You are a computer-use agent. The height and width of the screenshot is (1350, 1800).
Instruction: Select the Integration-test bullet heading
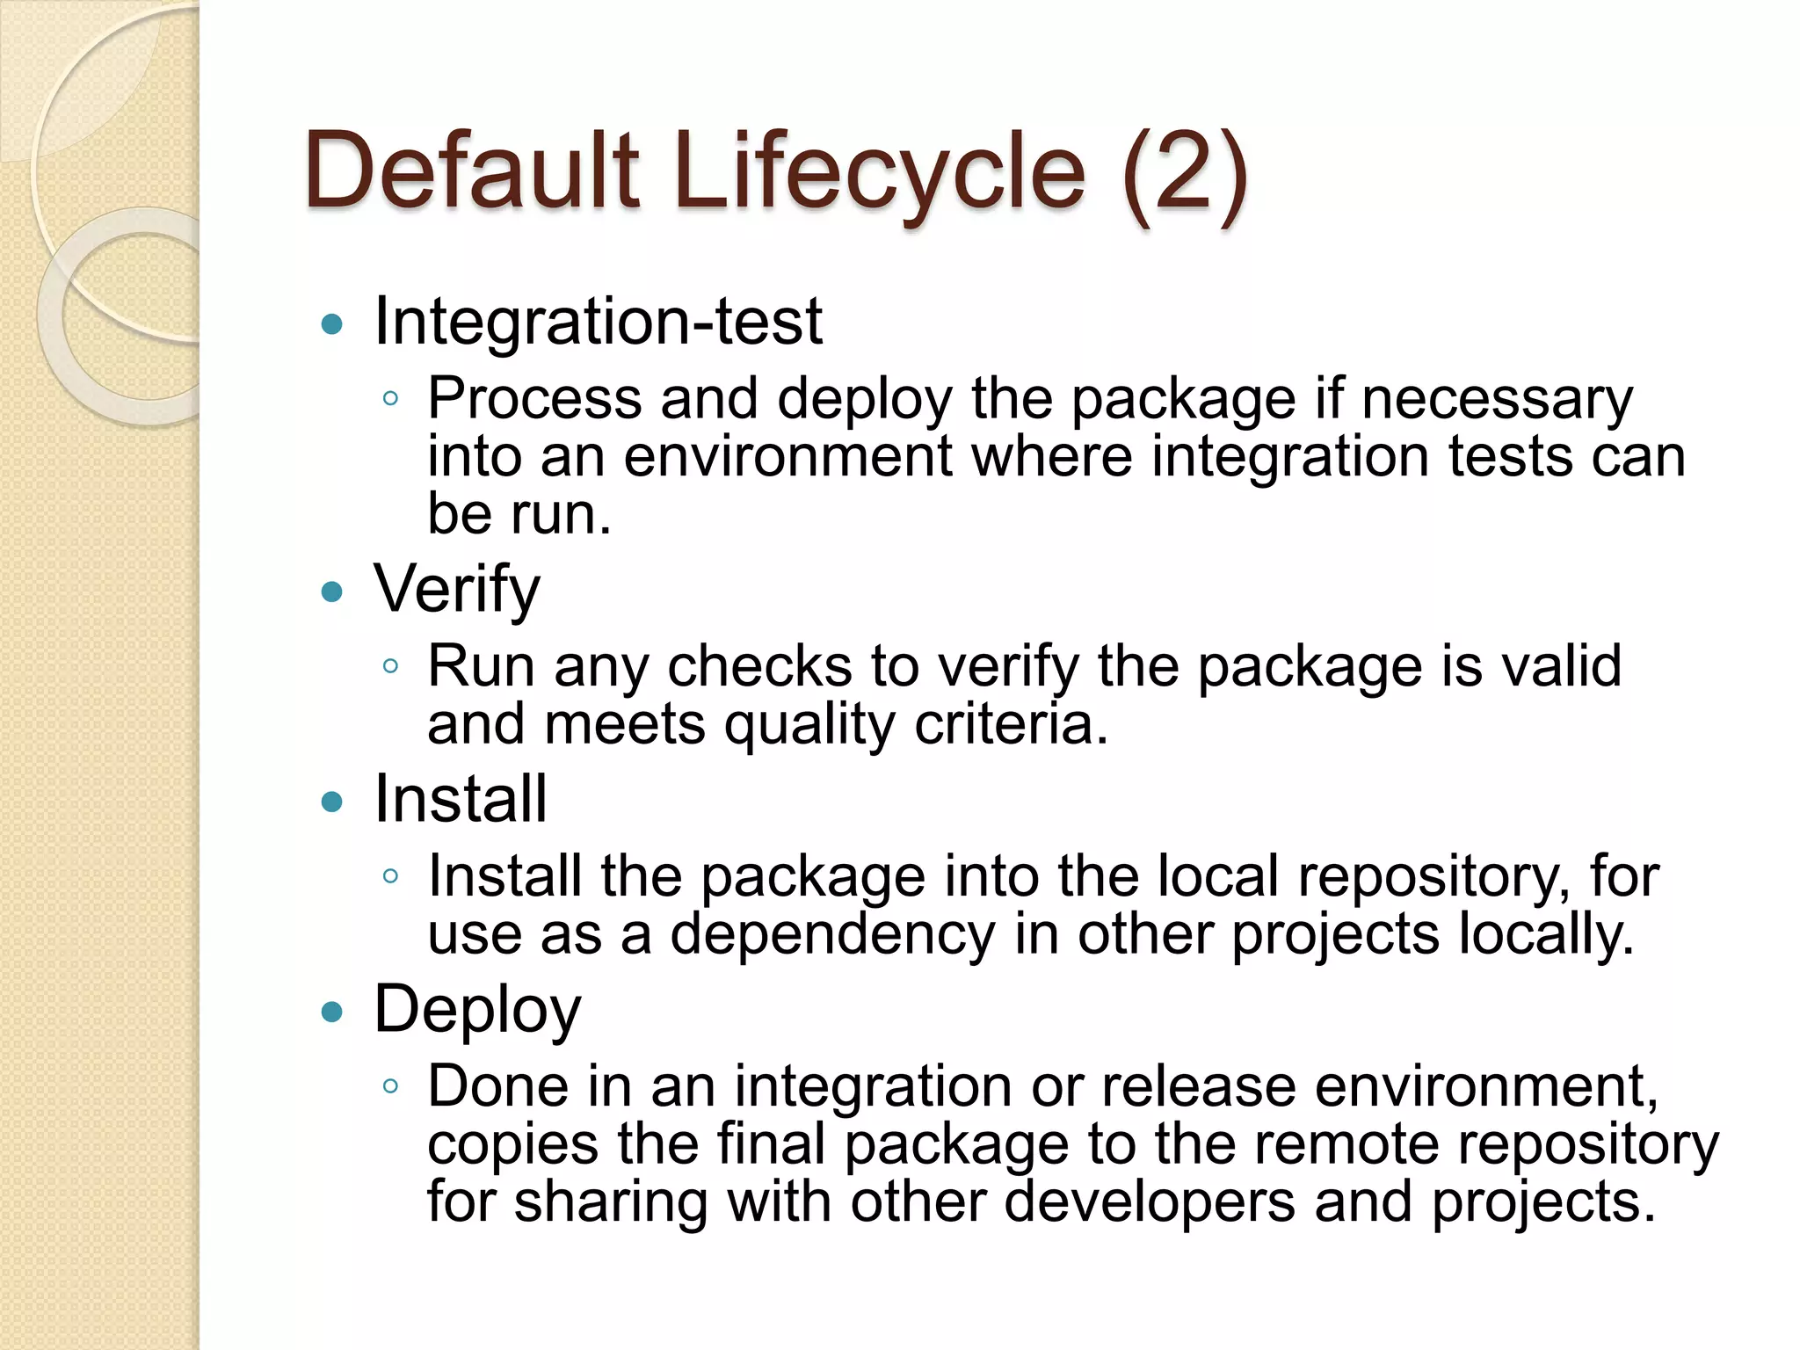pos(598,322)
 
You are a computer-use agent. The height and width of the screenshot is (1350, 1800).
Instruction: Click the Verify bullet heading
pos(457,589)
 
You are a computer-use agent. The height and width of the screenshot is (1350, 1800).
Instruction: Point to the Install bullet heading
pos(461,799)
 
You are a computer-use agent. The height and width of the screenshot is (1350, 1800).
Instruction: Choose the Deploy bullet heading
pos(477,1010)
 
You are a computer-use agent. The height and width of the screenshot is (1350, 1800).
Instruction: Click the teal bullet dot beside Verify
pos(332,592)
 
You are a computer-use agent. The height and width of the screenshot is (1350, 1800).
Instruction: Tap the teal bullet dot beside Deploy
pos(332,1012)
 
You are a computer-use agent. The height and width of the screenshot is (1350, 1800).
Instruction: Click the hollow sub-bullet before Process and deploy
pos(391,399)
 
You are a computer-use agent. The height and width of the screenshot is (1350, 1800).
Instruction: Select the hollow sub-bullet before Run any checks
pos(391,666)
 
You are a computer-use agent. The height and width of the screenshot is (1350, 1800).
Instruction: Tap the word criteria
pos(1011,723)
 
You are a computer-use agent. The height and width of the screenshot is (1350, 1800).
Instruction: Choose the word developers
pos(1149,1201)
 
